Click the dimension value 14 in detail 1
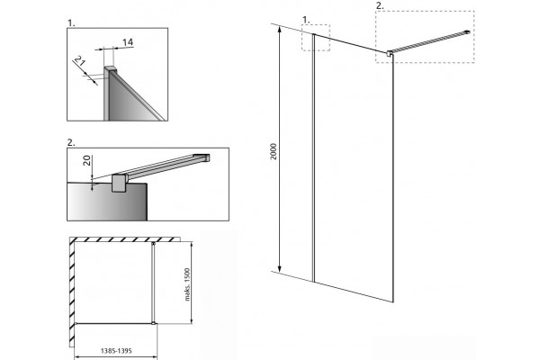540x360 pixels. pyautogui.click(x=128, y=42)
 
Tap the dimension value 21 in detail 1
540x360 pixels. pyautogui.click(x=79, y=61)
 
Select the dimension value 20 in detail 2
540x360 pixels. pyautogui.click(x=87, y=160)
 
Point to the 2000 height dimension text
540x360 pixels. pyautogui.click(x=274, y=151)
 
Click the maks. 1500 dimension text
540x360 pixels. pyautogui.click(x=187, y=284)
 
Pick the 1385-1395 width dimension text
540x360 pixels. pyautogui.click(x=116, y=351)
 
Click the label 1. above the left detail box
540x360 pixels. pyautogui.click(x=71, y=23)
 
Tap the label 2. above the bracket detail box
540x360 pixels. pyautogui.click(x=71, y=142)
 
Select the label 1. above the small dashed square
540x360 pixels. pyautogui.click(x=306, y=20)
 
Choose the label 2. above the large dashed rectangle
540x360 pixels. pyautogui.click(x=380, y=6)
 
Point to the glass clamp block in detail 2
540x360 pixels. pyautogui.click(x=119, y=183)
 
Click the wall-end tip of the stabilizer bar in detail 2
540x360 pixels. pyautogui.click(x=207, y=157)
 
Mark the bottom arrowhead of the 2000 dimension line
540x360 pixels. pyautogui.click(x=280, y=270)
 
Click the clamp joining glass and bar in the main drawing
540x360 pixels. pyautogui.click(x=390, y=53)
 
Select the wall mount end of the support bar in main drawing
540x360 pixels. pyautogui.click(x=467, y=32)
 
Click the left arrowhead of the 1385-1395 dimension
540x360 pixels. pyautogui.click(x=76, y=357)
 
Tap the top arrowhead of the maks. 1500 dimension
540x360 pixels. pyautogui.click(x=192, y=243)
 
